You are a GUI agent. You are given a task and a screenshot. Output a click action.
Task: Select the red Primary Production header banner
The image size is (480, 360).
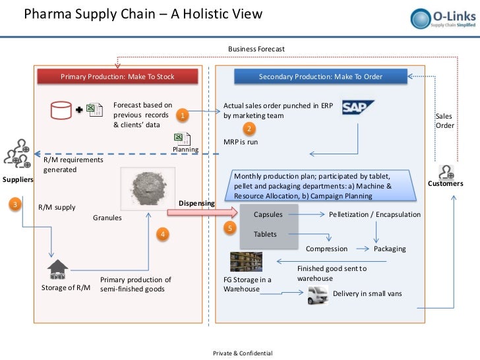pyautogui.click(x=117, y=77)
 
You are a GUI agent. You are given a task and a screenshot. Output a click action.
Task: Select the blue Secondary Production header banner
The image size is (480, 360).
pyautogui.click(x=320, y=77)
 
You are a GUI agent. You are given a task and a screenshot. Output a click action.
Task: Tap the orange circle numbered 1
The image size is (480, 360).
pyautogui.click(x=184, y=117)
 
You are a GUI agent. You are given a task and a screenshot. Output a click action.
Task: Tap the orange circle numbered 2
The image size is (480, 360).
pyautogui.click(x=249, y=128)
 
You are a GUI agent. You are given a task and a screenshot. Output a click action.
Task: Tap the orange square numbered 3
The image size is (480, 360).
pyautogui.click(x=15, y=204)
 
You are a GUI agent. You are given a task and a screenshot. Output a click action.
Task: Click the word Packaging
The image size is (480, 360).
pyautogui.click(x=390, y=249)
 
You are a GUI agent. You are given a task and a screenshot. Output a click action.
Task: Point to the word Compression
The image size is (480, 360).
pyautogui.click(x=326, y=249)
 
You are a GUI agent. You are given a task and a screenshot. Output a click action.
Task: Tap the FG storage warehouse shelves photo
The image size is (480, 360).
pyautogui.click(x=242, y=262)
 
